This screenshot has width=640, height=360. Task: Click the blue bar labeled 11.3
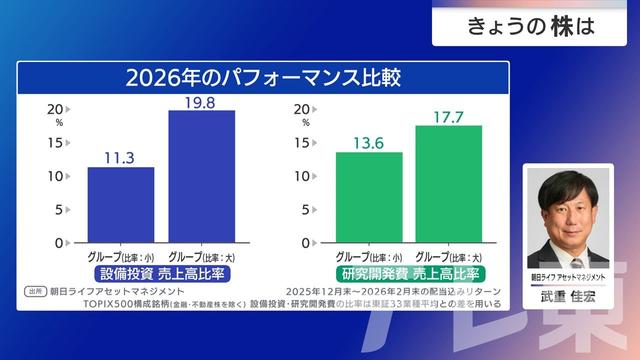pyautogui.click(x=121, y=204)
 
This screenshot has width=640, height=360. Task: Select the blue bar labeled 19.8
pyautogui.click(x=201, y=176)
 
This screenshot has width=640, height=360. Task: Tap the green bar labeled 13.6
pyautogui.click(x=368, y=197)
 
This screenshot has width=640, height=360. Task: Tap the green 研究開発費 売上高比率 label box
pyautogui.click(x=408, y=273)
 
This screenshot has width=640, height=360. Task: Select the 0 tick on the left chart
pyautogui.click(x=60, y=242)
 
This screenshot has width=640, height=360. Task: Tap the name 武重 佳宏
pyautogui.click(x=567, y=298)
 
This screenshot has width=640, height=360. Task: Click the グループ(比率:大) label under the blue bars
pyautogui.click(x=201, y=256)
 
